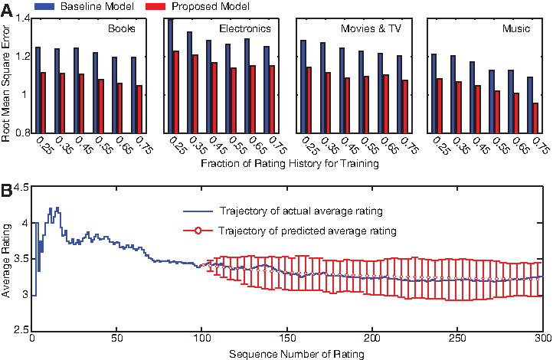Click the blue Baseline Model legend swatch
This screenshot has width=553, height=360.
[44, 6]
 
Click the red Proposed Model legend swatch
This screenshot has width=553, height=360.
[155, 6]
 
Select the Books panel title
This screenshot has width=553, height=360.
[121, 28]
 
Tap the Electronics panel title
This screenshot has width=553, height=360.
[245, 28]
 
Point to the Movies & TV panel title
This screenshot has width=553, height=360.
[371, 28]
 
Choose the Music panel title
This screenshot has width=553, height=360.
[516, 28]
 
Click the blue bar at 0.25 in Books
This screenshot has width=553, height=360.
[38, 90]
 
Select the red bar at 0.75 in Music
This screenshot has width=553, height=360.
[536, 118]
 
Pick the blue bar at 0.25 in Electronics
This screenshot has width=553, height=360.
[171, 76]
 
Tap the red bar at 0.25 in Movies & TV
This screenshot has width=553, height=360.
[309, 100]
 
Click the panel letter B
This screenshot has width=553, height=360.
[7, 191]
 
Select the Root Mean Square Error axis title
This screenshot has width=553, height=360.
[5, 83]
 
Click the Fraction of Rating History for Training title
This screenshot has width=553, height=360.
[290, 164]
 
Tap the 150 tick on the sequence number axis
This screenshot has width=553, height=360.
[287, 339]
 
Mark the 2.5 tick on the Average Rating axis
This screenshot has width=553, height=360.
[22, 330]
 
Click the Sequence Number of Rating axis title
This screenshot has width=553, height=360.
[296, 354]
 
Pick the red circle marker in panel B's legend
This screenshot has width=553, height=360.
[198, 231]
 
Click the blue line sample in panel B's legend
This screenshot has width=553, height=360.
[198, 211]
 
